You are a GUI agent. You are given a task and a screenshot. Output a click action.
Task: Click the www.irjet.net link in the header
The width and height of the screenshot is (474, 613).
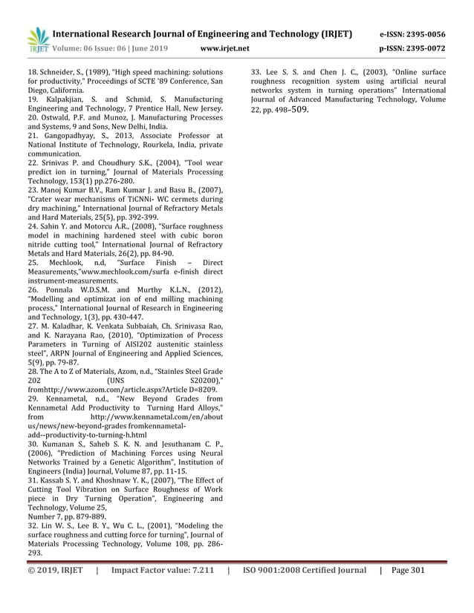(x=226, y=49)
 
